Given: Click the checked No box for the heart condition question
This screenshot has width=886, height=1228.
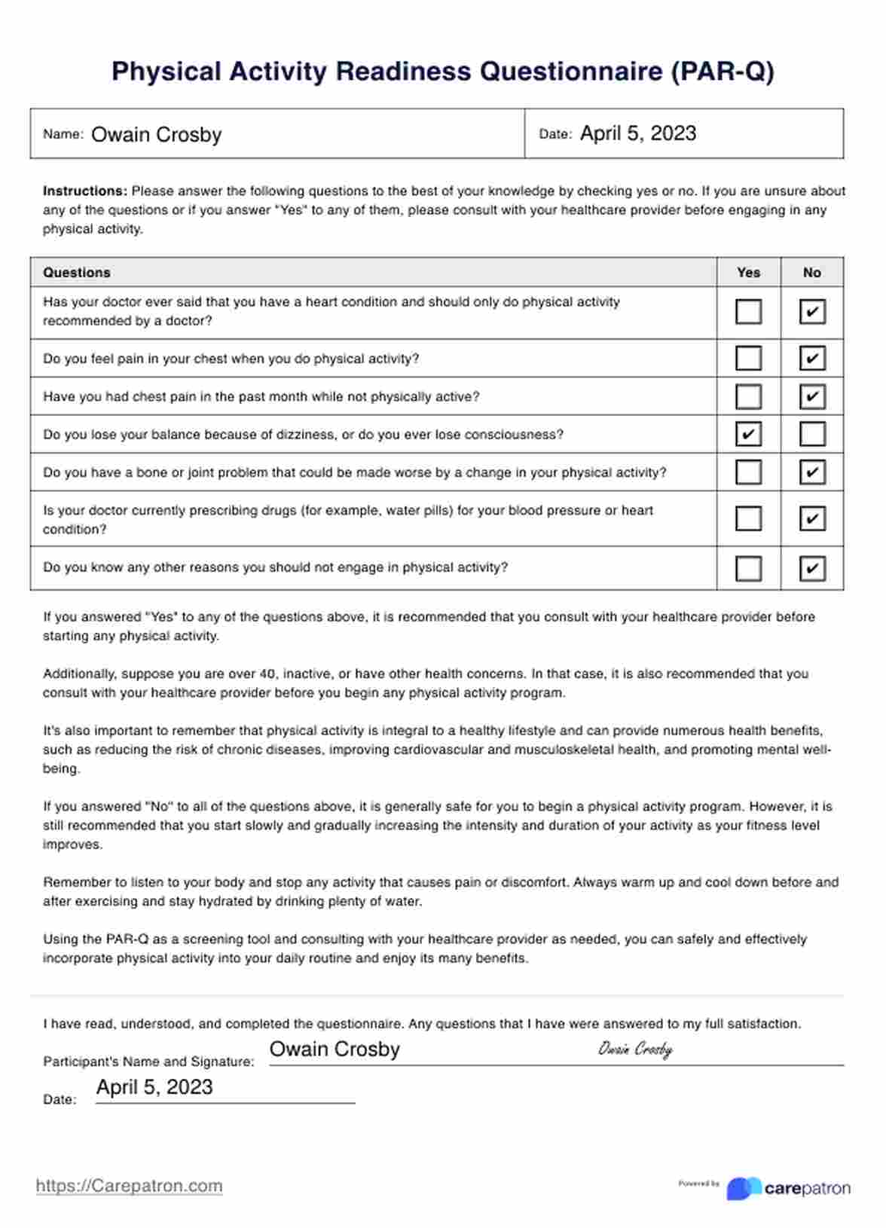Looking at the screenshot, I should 811,312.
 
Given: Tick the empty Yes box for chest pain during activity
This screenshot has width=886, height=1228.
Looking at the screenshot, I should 748,358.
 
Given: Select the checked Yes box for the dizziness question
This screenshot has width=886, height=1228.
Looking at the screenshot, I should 748,434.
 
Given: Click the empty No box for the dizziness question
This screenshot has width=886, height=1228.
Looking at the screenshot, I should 811,434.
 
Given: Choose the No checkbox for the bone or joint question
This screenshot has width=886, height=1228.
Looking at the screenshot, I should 811,472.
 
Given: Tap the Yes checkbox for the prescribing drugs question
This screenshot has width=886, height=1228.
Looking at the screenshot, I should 748,518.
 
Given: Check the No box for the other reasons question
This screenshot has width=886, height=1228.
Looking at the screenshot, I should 811,568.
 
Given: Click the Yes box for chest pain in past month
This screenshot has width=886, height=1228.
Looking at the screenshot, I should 748,396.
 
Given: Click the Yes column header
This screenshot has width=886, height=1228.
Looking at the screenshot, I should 748,273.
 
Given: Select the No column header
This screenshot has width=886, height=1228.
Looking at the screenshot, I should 811,273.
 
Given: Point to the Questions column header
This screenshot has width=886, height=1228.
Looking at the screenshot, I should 77,273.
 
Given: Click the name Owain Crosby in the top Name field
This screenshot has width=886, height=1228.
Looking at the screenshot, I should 156,135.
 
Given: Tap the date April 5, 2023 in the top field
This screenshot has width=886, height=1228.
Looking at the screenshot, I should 637,133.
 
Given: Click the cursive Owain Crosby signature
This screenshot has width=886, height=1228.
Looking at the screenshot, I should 634,1049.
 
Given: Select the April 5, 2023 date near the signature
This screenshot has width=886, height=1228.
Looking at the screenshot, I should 154,1087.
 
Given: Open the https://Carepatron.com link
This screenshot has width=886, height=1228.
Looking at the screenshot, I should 129,1186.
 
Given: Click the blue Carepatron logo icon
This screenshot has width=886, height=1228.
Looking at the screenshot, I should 743,1188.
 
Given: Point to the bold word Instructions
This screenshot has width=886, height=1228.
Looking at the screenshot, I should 84,191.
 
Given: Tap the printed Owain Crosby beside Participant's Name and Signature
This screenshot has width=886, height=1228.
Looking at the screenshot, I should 335,1049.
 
